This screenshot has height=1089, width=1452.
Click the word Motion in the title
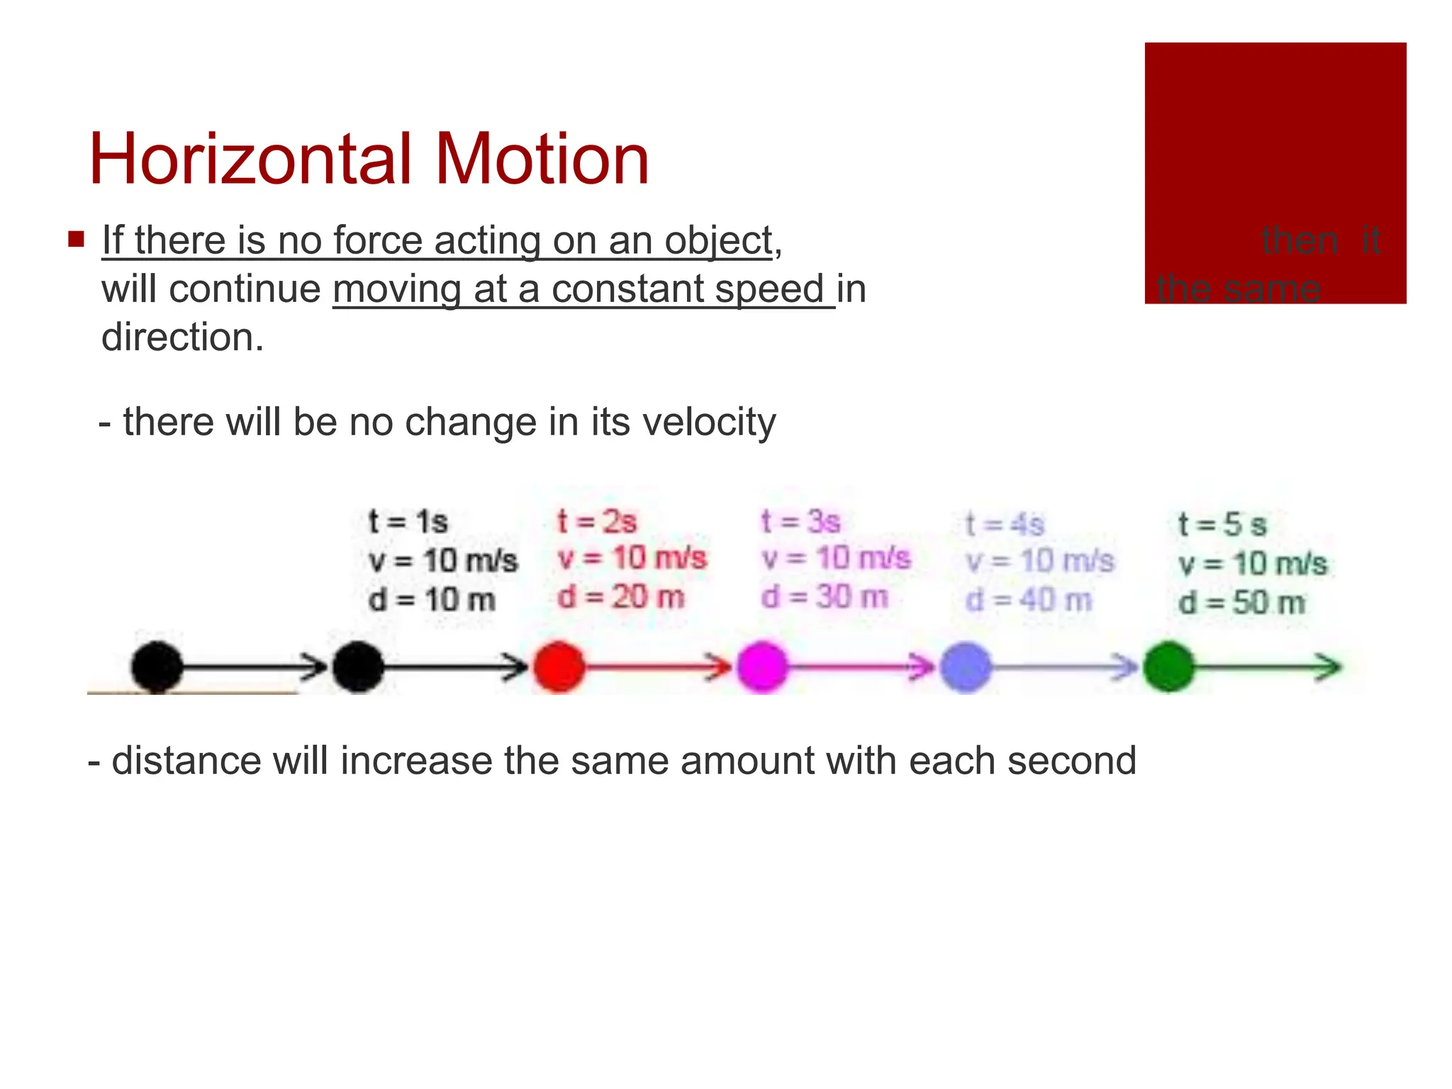[542, 160]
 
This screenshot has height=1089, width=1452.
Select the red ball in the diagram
[559, 666]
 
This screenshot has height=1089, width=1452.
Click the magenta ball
[762, 666]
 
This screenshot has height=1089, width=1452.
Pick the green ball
[1168, 666]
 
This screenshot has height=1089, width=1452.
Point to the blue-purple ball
[965, 666]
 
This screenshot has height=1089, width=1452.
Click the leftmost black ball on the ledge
[157, 666]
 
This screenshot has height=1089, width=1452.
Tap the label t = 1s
[408, 523]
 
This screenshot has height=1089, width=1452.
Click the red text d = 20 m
[621, 598]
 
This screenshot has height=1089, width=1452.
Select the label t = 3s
[800, 523]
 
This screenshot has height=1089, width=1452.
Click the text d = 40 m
[1028, 601]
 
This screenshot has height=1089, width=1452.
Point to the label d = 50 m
[1241, 603]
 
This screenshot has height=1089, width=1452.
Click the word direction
[182, 337]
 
